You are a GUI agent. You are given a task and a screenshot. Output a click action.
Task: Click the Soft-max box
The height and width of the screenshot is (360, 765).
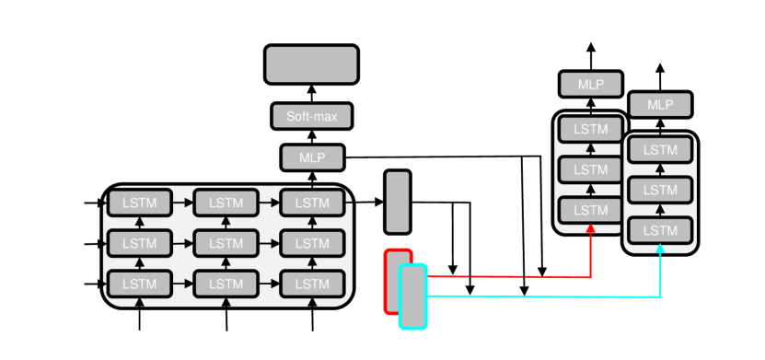311,117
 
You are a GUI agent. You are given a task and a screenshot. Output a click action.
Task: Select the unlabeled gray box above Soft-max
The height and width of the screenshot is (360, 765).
311,64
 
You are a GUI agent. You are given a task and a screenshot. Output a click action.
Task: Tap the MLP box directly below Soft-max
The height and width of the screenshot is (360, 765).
311,157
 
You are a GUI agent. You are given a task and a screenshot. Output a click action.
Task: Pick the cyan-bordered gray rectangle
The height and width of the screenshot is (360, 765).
413,296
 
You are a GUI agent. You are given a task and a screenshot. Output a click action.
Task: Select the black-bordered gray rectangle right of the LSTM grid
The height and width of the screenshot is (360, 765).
397,202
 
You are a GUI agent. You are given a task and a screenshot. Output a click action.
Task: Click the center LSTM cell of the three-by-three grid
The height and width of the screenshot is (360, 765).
226,243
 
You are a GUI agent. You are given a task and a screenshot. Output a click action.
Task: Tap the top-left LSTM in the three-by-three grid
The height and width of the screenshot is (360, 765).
140,202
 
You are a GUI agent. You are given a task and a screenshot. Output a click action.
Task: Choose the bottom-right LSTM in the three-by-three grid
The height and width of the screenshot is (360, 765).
311,284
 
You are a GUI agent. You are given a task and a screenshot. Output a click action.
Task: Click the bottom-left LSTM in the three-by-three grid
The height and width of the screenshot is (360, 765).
140,284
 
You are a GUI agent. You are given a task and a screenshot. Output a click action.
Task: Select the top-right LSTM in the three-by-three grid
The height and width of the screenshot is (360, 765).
311,202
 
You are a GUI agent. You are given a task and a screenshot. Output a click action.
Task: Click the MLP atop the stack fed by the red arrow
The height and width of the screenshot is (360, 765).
590,85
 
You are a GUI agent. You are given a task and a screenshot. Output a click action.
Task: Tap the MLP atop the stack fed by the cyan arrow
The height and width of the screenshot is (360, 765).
659,105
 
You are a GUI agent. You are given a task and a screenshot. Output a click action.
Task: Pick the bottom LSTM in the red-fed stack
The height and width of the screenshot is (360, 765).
590,211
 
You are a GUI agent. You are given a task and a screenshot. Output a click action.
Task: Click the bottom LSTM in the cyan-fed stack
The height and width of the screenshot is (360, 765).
659,231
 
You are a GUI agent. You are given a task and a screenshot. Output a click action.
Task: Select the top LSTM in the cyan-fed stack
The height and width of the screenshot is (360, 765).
659,149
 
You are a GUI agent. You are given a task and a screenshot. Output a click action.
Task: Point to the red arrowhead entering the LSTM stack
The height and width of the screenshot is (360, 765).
590,230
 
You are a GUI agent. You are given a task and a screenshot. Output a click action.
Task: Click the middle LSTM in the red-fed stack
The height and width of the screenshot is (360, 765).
590,169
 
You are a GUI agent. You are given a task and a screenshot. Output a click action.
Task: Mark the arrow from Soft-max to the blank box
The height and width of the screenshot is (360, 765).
311,93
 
